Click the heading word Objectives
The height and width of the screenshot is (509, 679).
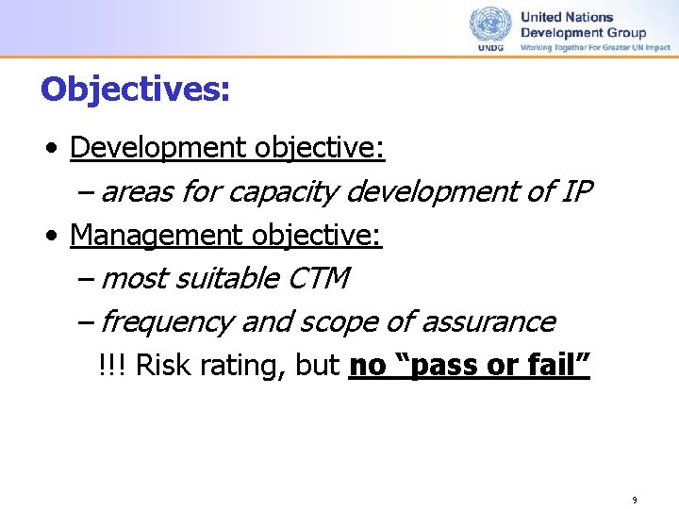(x=135, y=90)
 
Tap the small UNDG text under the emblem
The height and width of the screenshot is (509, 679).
(x=490, y=47)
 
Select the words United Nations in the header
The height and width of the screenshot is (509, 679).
(x=567, y=17)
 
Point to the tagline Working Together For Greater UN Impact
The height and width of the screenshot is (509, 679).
(x=596, y=47)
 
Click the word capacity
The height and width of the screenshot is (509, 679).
(x=283, y=192)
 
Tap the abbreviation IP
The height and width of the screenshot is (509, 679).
(x=575, y=191)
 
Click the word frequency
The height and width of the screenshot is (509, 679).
(x=166, y=322)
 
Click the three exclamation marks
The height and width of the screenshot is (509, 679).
(x=113, y=366)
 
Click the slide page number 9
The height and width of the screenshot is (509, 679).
(x=635, y=500)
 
